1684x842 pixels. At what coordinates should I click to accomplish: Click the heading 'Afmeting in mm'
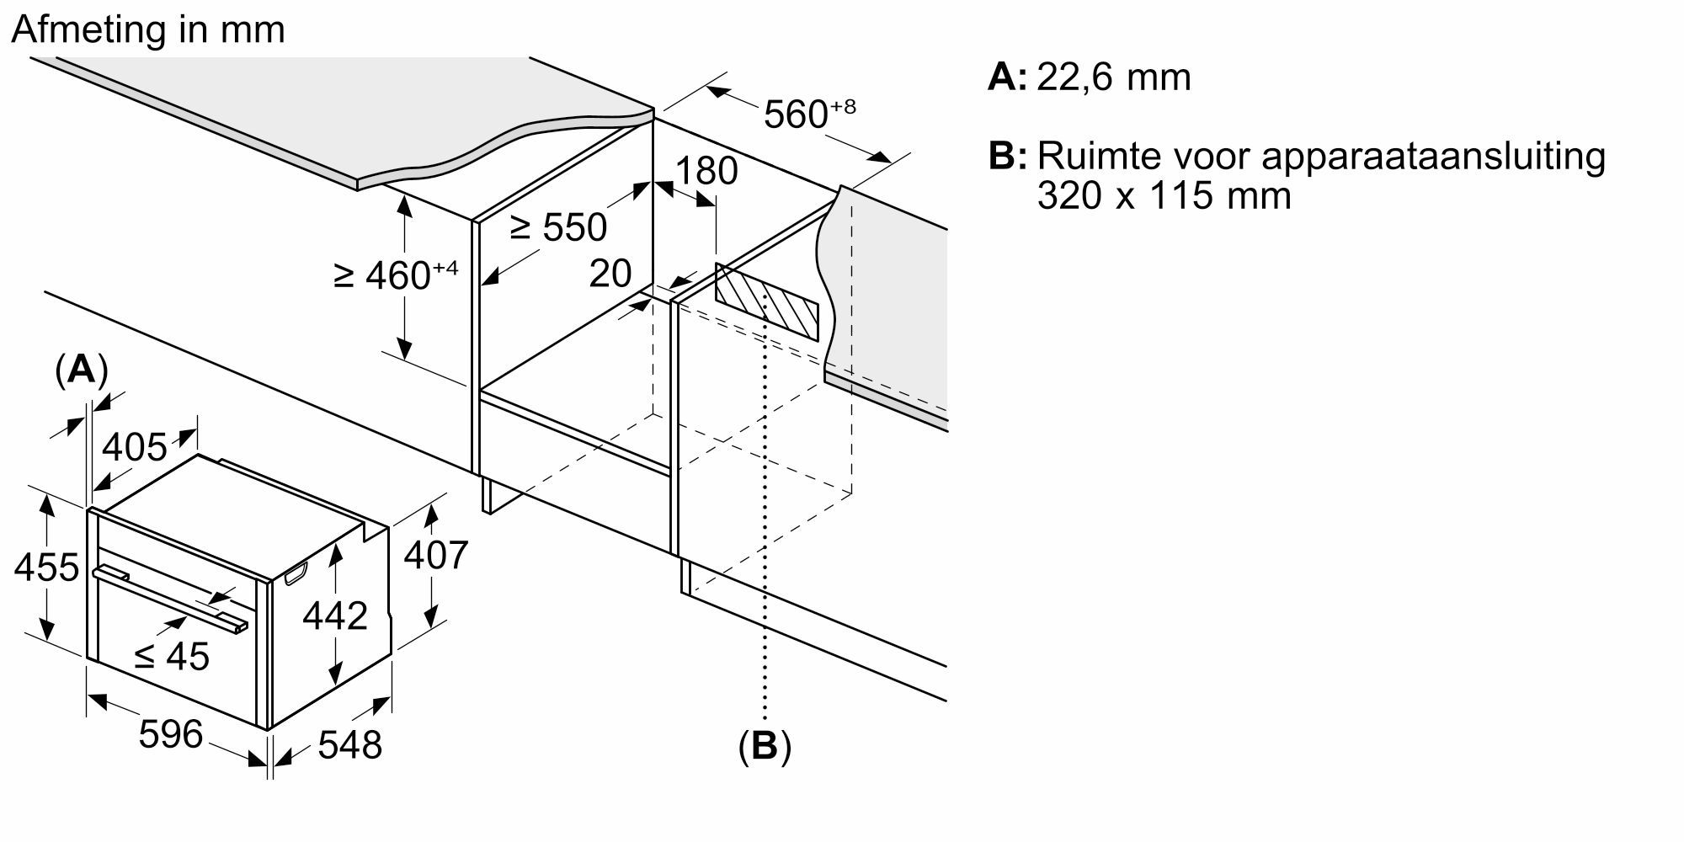click(x=148, y=30)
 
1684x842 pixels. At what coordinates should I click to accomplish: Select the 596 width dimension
click(x=171, y=734)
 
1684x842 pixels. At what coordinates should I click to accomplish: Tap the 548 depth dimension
click(x=349, y=744)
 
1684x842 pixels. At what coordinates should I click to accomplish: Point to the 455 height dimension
click(x=46, y=568)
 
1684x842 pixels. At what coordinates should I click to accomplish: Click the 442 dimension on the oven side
click(x=335, y=616)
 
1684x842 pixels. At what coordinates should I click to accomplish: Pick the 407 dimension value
click(x=435, y=555)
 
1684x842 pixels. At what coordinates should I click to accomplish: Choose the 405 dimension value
click(x=135, y=447)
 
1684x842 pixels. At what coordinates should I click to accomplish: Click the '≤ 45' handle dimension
click(x=172, y=656)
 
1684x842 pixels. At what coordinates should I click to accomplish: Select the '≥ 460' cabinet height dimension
click(x=396, y=274)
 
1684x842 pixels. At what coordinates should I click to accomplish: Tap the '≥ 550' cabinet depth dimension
click(x=558, y=226)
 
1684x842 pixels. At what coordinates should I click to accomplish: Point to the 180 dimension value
click(x=706, y=171)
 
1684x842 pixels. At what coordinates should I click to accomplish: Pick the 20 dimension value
click(x=610, y=274)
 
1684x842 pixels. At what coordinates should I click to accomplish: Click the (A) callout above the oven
click(x=81, y=369)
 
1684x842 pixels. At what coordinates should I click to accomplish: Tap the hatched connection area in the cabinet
click(x=766, y=301)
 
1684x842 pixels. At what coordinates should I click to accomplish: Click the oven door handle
click(x=168, y=599)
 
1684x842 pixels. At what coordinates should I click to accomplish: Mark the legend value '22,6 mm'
click(x=1113, y=77)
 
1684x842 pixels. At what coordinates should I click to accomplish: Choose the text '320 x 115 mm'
click(x=1164, y=196)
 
